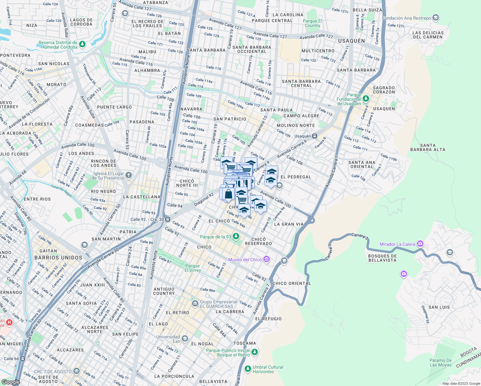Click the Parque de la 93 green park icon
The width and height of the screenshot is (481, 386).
(x=236, y=237)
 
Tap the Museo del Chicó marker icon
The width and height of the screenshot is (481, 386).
(x=266, y=259)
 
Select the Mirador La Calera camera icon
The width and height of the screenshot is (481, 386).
(x=420, y=244)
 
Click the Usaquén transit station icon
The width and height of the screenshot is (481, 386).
(x=315, y=136)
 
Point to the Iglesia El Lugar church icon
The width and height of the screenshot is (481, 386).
(x=129, y=175)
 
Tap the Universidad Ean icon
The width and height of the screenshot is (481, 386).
(x=185, y=339)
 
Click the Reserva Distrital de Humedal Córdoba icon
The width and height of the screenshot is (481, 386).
(x=82, y=44)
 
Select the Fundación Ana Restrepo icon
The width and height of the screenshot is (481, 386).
(x=436, y=18)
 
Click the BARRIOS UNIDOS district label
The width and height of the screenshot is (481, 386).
(x=58, y=258)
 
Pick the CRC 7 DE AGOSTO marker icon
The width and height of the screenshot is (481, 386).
(x=76, y=371)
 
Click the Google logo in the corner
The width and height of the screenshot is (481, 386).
(x=11, y=382)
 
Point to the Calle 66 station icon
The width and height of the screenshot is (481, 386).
(x=23, y=358)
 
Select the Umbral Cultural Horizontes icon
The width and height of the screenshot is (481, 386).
(x=248, y=369)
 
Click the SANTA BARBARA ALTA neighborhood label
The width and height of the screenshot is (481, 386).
(x=428, y=147)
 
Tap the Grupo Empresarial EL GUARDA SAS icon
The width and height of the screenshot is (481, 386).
(x=195, y=304)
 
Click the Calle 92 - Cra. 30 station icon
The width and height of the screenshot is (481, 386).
(x=168, y=219)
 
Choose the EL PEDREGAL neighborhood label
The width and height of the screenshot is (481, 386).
(x=296, y=177)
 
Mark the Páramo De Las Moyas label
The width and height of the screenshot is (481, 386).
(x=440, y=363)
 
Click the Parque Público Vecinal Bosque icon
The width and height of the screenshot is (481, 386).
(x=255, y=352)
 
